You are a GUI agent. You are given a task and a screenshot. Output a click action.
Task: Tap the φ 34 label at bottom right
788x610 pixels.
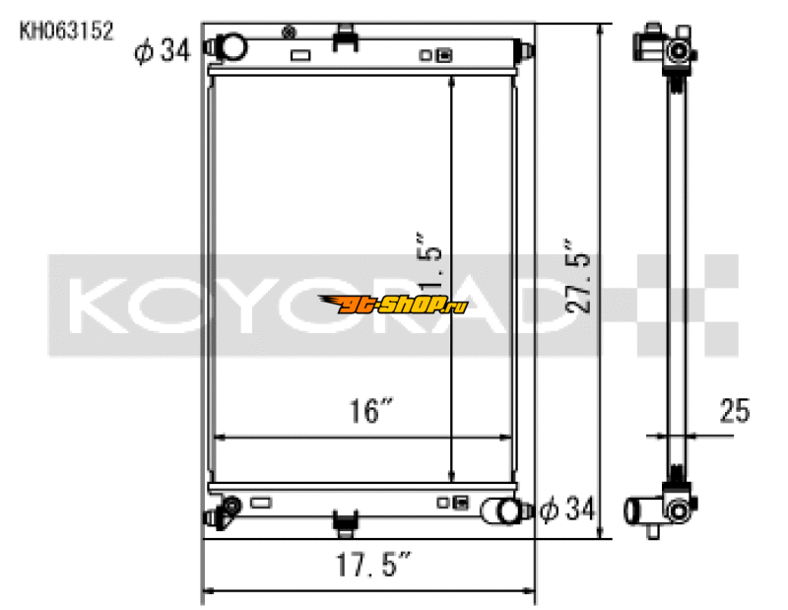click(x=568, y=510)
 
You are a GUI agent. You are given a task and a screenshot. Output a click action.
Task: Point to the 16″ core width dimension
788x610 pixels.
click(x=366, y=412)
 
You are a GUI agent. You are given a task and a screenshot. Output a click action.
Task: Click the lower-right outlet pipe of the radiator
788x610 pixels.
click(x=504, y=510)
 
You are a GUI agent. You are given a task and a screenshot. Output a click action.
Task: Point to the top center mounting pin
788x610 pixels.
click(x=344, y=37)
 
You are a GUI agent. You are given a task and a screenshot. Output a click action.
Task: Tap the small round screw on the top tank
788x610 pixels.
click(x=289, y=33)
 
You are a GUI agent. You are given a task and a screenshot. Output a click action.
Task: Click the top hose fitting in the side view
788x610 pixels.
click(x=674, y=48)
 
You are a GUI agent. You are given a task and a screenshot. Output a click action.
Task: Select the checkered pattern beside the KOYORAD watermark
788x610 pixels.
click(x=694, y=305)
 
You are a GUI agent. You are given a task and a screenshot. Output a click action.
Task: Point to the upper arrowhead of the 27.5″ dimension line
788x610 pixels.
click(x=599, y=30)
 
